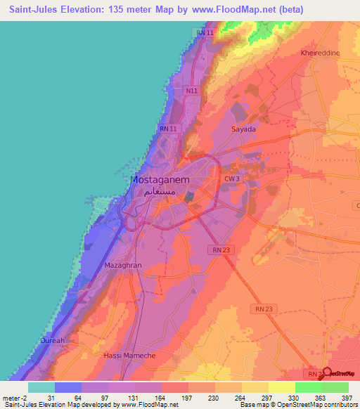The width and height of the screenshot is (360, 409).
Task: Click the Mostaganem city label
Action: (x=163, y=180)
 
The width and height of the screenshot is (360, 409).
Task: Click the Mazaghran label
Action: (x=122, y=267)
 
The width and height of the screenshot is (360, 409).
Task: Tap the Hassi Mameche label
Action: (x=129, y=356)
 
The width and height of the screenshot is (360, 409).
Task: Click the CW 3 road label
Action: (x=232, y=180)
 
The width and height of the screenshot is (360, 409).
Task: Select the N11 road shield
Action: (x=192, y=91)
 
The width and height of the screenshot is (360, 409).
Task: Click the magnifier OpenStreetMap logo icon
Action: (x=324, y=373)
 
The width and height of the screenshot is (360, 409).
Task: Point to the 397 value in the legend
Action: (x=347, y=398)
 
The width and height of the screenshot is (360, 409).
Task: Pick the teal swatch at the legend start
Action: (x=41, y=387)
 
